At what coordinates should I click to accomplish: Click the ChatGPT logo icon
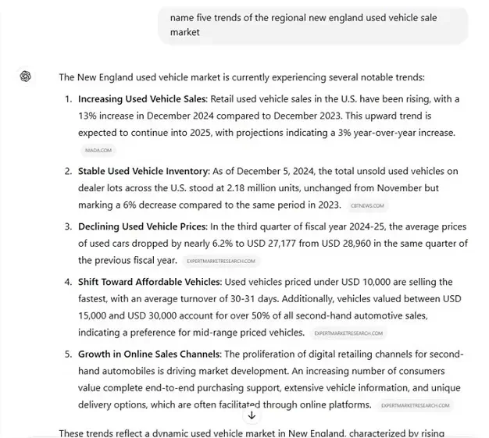tap(26, 76)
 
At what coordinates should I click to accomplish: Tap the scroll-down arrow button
tap(252, 415)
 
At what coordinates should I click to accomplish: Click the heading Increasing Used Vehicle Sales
tap(141, 99)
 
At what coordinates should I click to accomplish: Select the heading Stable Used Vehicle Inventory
tap(143, 171)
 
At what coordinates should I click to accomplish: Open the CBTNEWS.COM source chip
tap(367, 205)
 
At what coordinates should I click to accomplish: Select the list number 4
tap(68, 281)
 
